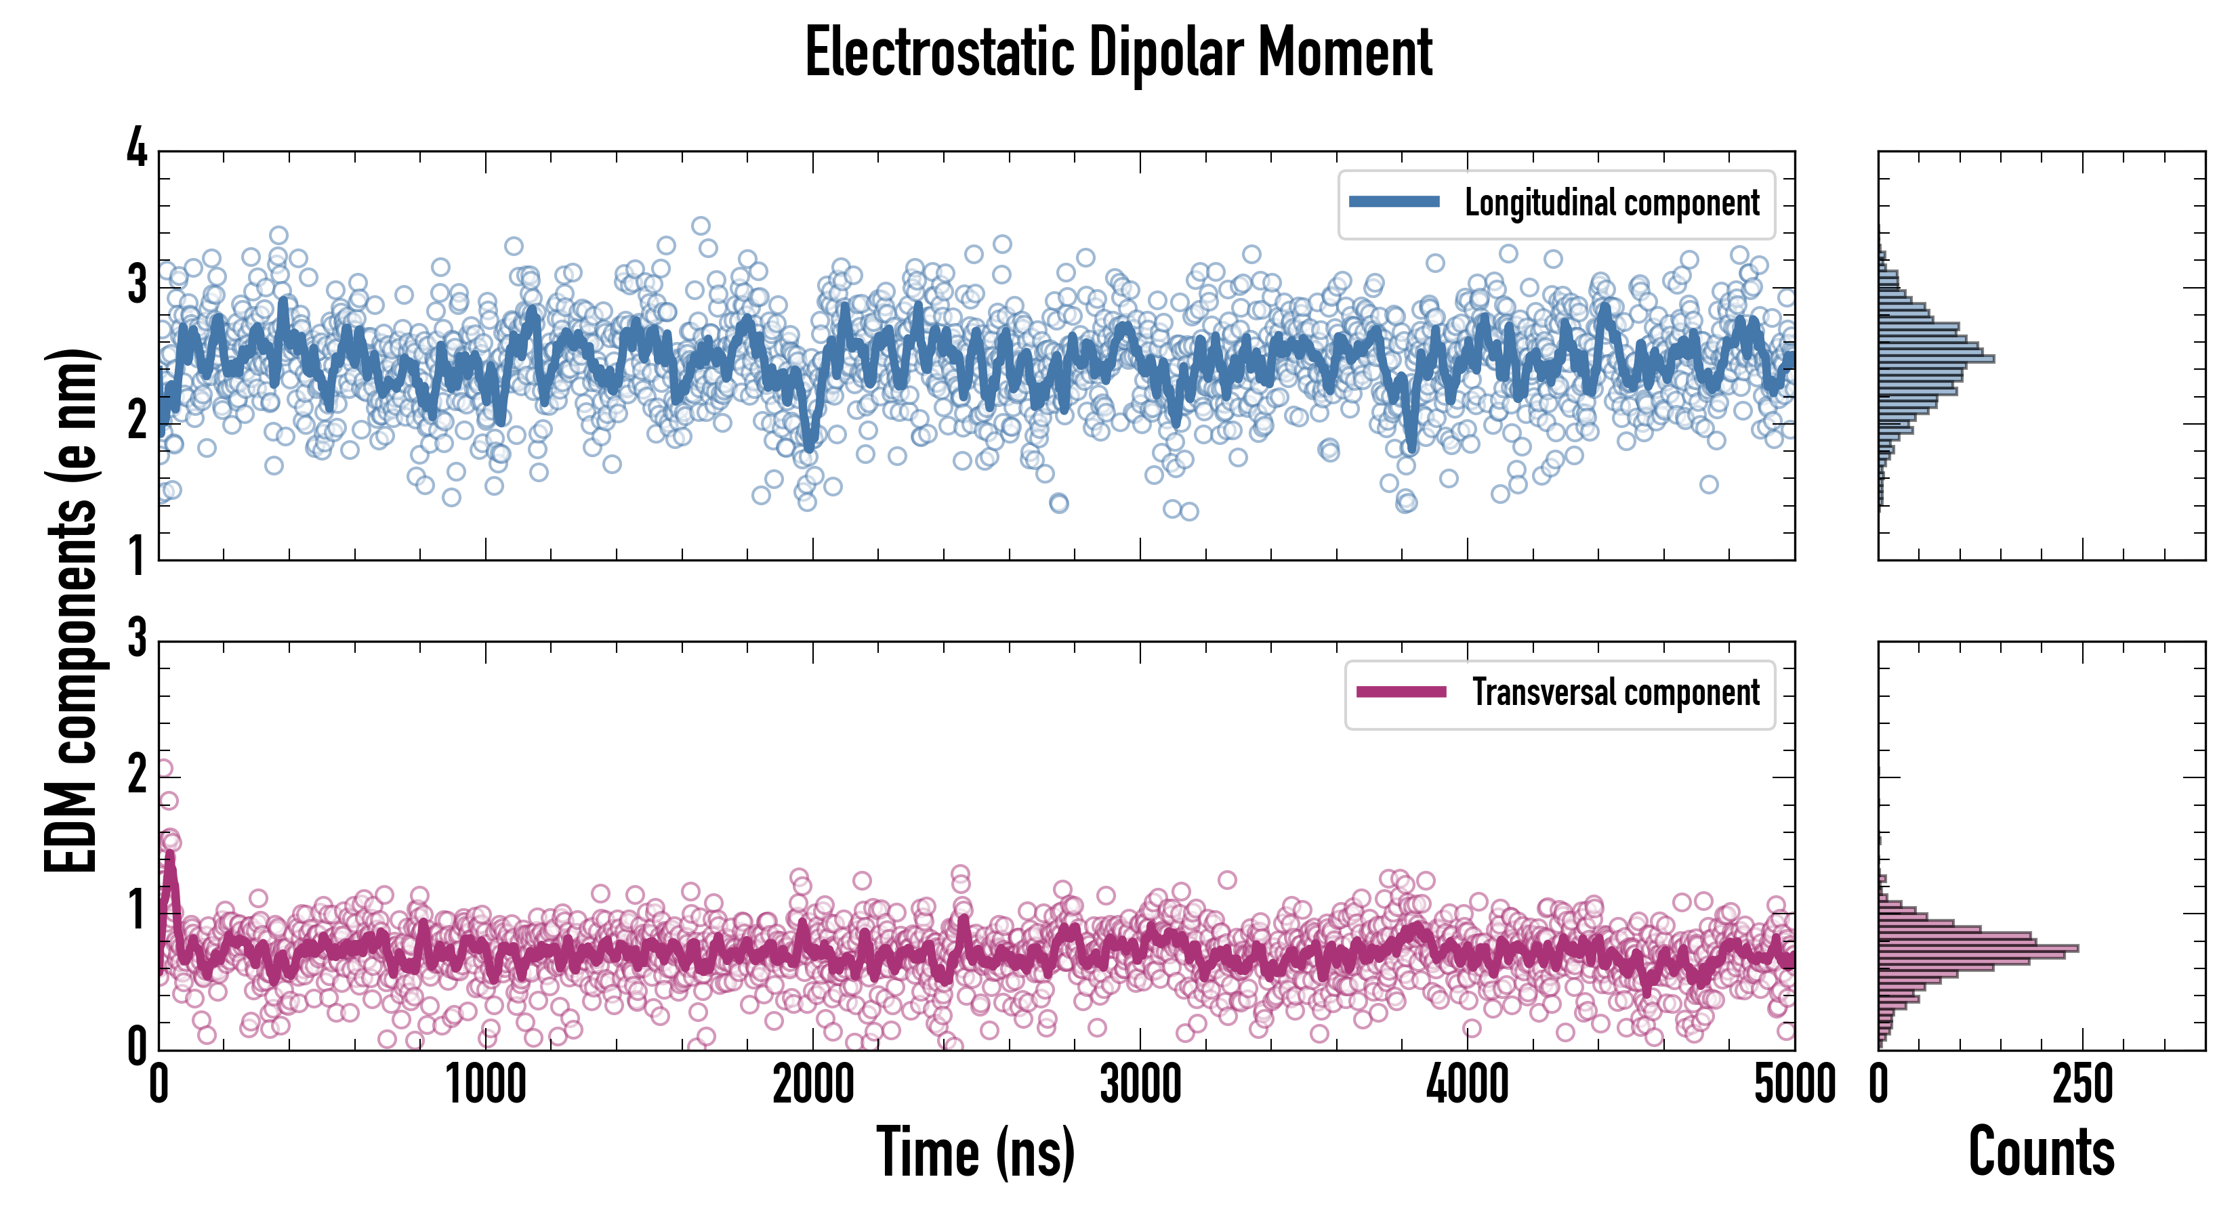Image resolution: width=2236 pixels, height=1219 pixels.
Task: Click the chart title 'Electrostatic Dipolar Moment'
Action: point(1118,54)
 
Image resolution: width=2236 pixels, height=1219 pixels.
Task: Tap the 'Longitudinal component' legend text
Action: point(1612,203)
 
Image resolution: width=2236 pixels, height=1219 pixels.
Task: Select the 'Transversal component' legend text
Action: point(1615,693)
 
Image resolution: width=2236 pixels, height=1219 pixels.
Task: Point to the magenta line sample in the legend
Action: point(1401,692)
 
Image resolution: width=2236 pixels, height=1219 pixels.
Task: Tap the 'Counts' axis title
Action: point(2041,1152)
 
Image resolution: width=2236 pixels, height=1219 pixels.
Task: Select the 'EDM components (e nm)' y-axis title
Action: point(71,611)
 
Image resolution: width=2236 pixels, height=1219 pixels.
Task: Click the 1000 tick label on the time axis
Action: point(485,1086)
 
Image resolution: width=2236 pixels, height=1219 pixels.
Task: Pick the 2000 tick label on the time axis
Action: point(812,1086)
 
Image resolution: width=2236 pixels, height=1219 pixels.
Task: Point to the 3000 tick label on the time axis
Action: point(1140,1086)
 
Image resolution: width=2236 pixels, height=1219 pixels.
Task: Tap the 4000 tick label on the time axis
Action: point(1467,1086)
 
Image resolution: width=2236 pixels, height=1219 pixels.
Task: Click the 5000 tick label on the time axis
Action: point(1794,1086)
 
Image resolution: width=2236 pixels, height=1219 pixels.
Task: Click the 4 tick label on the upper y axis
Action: point(137,149)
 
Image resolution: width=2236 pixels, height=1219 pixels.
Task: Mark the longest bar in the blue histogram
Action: point(1936,358)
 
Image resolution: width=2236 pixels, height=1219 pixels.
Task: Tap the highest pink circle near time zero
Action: point(163,768)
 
